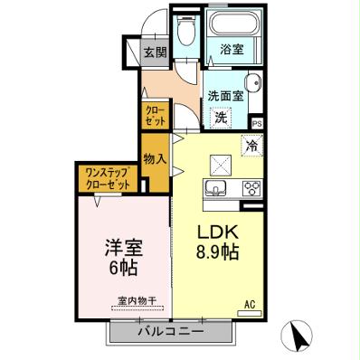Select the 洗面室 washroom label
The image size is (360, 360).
[226, 95]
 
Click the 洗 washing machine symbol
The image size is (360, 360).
[221, 116]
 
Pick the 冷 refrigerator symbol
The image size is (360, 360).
[251, 142]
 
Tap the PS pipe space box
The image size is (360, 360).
[257, 123]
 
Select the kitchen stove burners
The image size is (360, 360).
[250, 189]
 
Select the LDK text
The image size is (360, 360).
[217, 231]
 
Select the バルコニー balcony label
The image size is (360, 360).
[169, 332]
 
